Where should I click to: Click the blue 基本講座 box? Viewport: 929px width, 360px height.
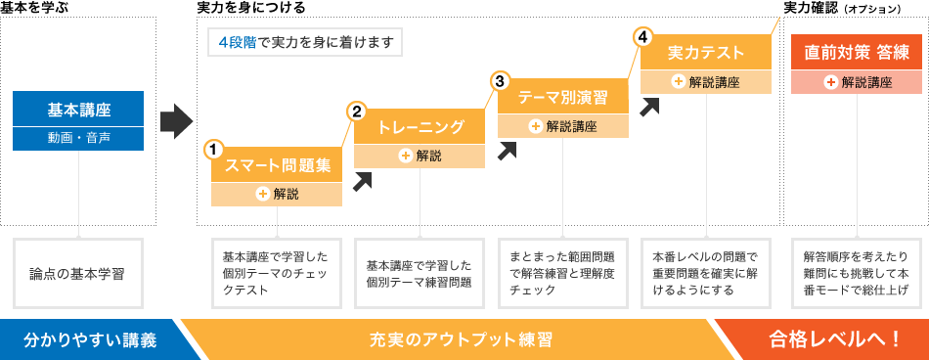click(80, 108)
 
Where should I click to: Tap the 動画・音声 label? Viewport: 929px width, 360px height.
click(80, 138)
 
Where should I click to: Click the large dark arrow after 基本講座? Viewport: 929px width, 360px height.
click(176, 120)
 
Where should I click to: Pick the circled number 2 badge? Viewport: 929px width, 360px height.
click(357, 112)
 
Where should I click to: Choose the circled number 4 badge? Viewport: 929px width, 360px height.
click(642, 37)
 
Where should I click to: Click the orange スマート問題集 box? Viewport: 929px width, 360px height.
click(278, 164)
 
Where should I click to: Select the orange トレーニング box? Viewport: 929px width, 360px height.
click(420, 127)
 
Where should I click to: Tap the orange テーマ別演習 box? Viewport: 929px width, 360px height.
click(563, 96)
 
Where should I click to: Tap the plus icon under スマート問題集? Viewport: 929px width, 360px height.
click(263, 194)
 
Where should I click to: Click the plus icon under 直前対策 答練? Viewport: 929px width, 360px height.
click(830, 82)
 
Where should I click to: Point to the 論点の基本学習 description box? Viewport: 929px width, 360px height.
click(79, 271)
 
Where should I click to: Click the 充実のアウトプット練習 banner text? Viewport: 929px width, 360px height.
click(462, 339)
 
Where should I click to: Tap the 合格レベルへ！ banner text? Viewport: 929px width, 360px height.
click(834, 339)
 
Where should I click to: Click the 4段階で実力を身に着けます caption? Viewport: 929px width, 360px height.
click(304, 43)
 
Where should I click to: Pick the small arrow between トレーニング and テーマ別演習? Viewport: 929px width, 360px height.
click(507, 150)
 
